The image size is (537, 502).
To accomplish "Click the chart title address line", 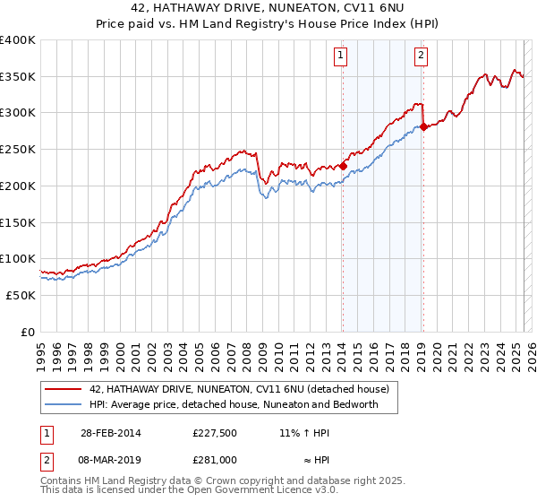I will point(268,10).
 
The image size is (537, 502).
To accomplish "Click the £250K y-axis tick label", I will point(18,149).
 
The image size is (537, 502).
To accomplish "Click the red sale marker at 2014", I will point(342,166).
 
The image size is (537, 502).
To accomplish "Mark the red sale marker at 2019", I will point(423,126).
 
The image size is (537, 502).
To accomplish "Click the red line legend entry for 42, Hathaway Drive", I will point(239,390).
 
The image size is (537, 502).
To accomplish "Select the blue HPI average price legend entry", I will point(234,404).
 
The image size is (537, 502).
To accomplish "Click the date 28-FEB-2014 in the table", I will point(110,433).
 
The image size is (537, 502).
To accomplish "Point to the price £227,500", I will point(214,433).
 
